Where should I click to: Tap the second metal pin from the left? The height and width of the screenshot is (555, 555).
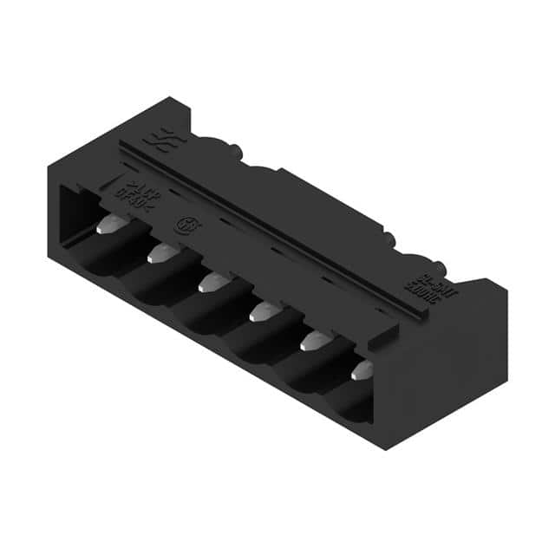pos(160,253)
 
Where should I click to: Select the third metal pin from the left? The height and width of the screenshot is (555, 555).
pos(211,282)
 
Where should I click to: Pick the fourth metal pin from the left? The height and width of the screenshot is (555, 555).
pos(262,310)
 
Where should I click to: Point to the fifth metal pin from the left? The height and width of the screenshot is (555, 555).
pos(311,340)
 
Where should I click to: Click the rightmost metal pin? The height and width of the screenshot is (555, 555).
pos(362,369)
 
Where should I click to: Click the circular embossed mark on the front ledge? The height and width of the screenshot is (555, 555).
pos(185,222)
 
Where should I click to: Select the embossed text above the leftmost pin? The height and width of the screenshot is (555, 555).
pos(136,192)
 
